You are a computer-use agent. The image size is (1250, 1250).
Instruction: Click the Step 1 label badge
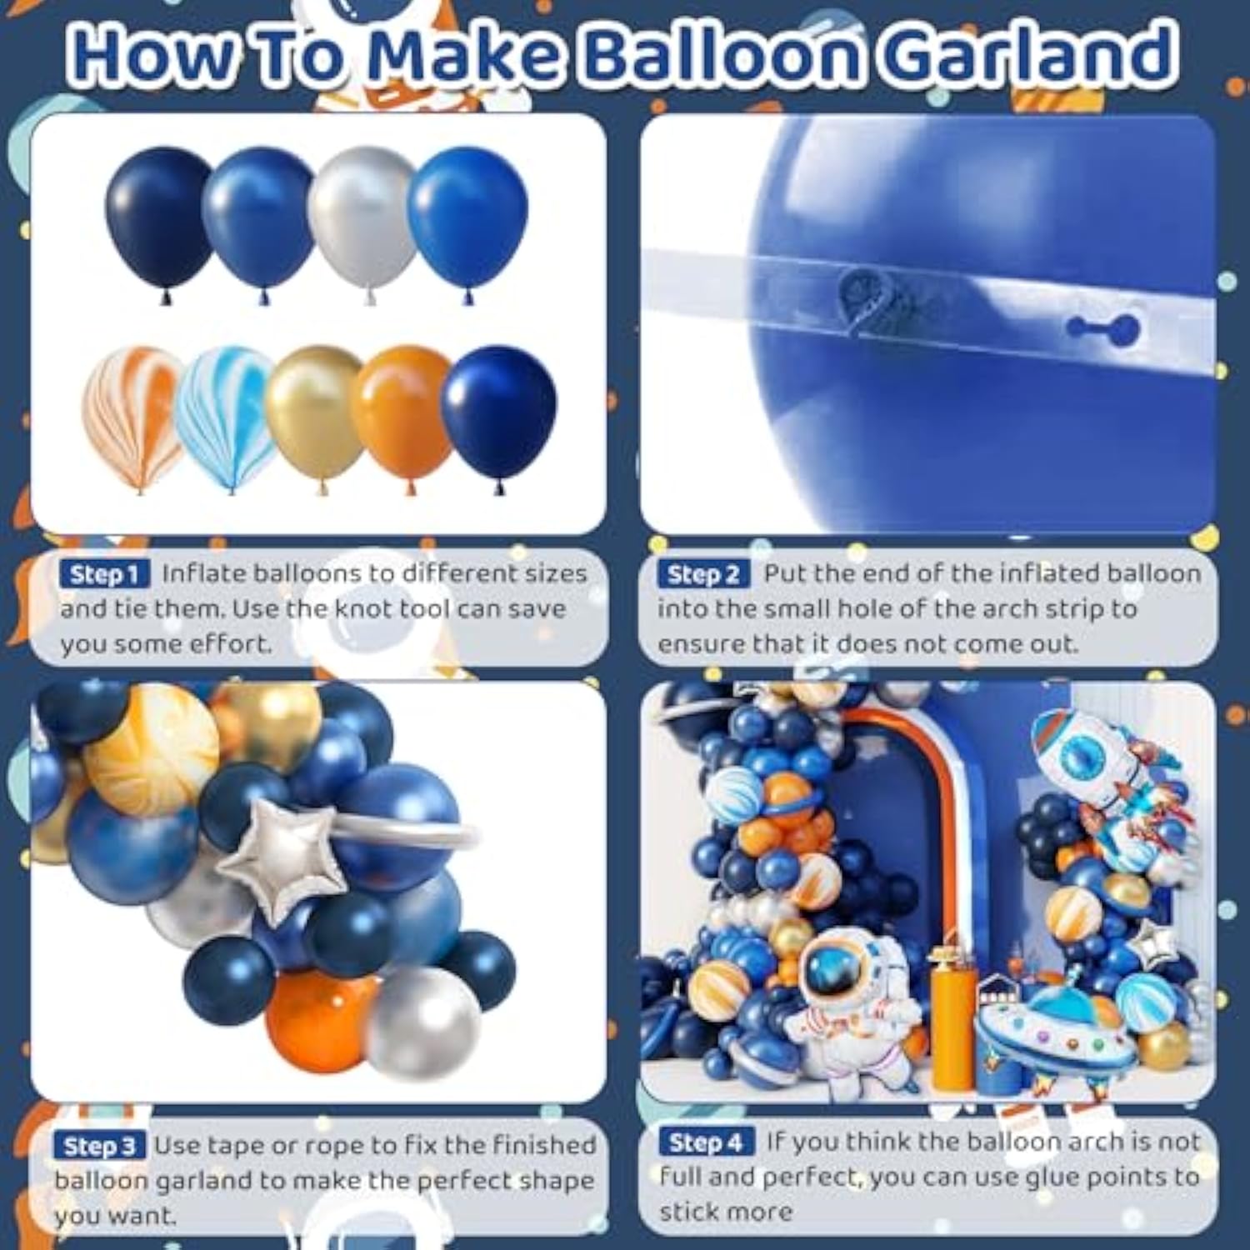coord(104,574)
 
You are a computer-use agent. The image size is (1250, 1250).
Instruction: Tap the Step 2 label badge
coord(703,574)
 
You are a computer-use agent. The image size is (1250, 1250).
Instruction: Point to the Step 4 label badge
coord(706,1142)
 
